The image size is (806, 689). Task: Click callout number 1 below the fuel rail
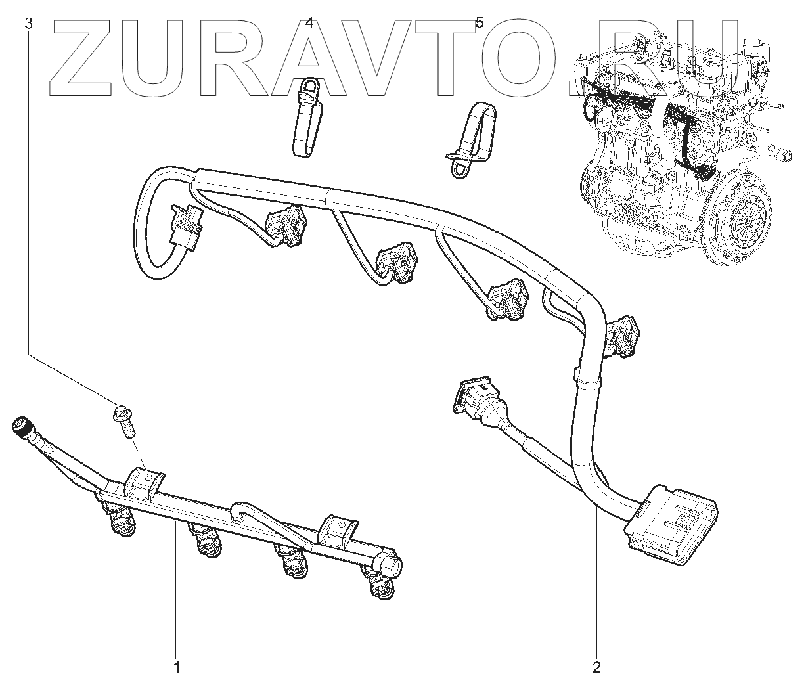176,668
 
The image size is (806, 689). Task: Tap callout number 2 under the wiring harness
596,668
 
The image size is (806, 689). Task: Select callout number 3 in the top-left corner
28,24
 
